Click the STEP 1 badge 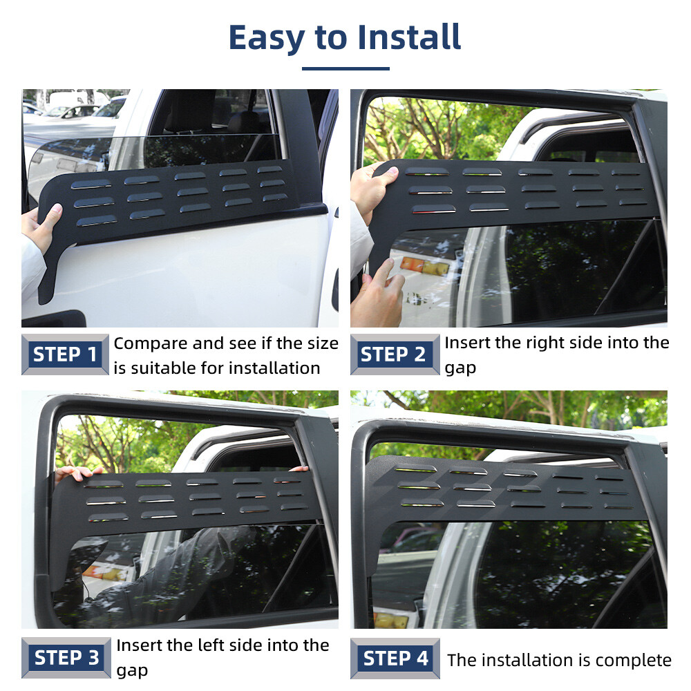pyautogui.click(x=66, y=354)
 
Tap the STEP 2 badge pyautogui.click(x=394, y=354)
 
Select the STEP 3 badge pyautogui.click(x=66, y=658)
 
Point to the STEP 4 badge pyautogui.click(x=395, y=658)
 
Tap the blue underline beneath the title pyautogui.click(x=345, y=68)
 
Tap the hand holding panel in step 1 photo pyautogui.click(x=41, y=228)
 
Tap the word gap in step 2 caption pyautogui.click(x=460, y=368)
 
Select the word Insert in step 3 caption pyautogui.click(x=139, y=645)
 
